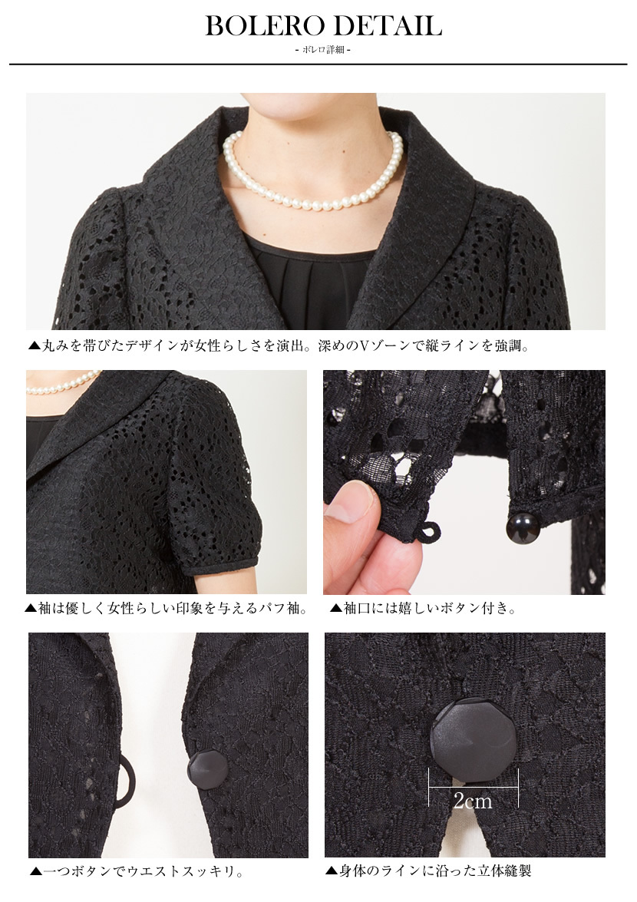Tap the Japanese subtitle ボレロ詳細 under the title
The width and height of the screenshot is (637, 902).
[x=322, y=51]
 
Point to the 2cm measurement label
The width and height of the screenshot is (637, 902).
[x=473, y=801]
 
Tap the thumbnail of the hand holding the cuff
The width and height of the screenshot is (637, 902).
[x=464, y=482]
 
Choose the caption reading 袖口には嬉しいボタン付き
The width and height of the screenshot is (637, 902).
[x=423, y=609]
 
